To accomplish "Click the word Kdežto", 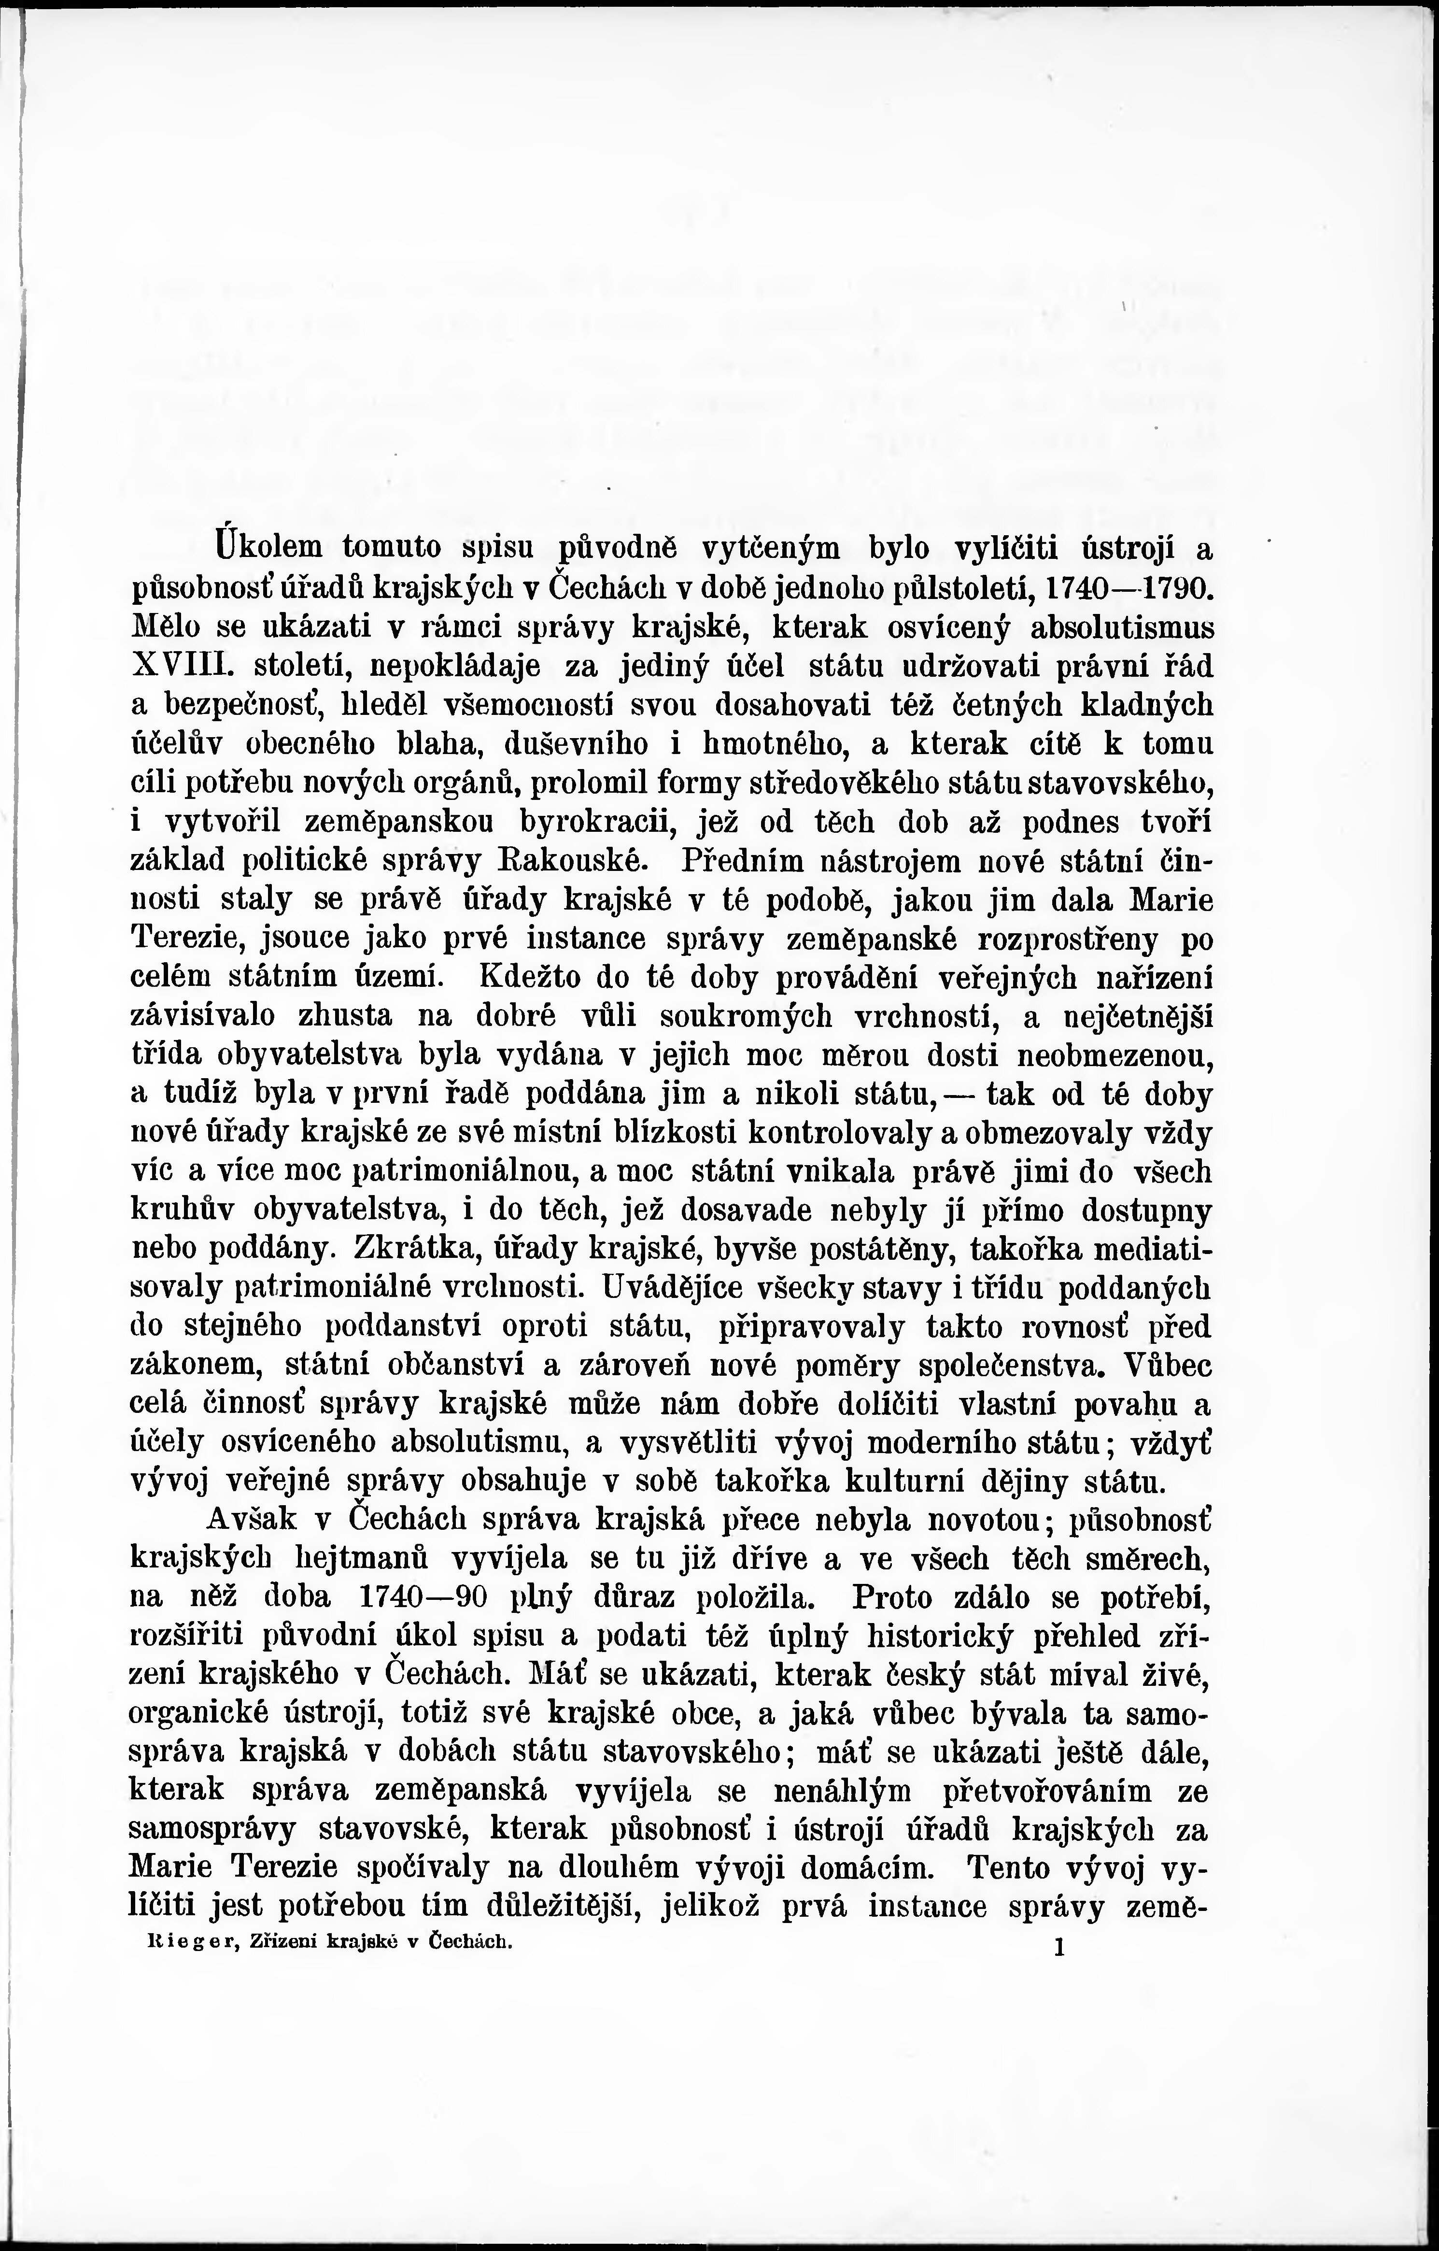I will pyautogui.click(x=535, y=977).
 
